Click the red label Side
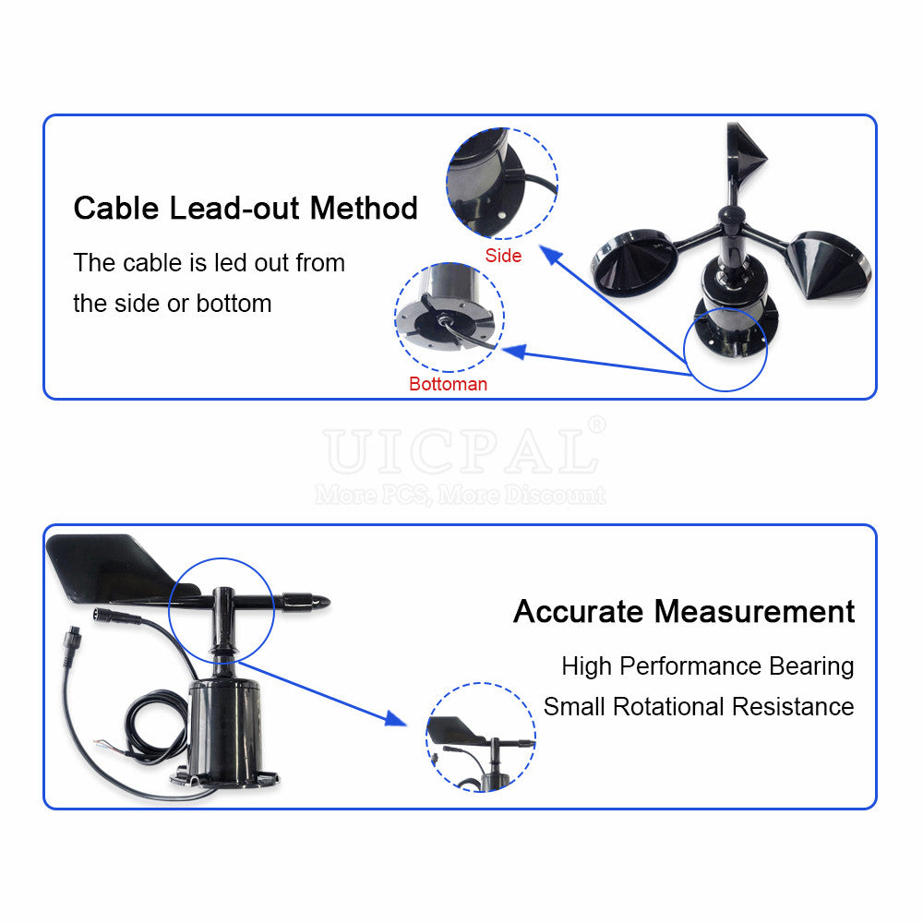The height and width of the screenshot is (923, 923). [x=503, y=256]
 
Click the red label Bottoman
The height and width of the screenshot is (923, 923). [x=448, y=384]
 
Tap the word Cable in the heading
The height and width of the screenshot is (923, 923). [x=116, y=208]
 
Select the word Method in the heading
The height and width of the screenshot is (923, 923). [x=364, y=208]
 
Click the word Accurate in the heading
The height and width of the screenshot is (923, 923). [x=577, y=611]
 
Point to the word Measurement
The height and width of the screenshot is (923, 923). [x=754, y=611]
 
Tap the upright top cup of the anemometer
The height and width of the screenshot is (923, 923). [x=744, y=153]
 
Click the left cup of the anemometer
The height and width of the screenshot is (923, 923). [x=635, y=260]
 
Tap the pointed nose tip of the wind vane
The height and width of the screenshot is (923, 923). [x=330, y=602]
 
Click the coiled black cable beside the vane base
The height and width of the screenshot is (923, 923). [x=155, y=726]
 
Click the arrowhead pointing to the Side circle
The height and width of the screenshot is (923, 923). [x=551, y=255]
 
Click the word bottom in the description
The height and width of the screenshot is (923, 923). [x=234, y=304]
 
